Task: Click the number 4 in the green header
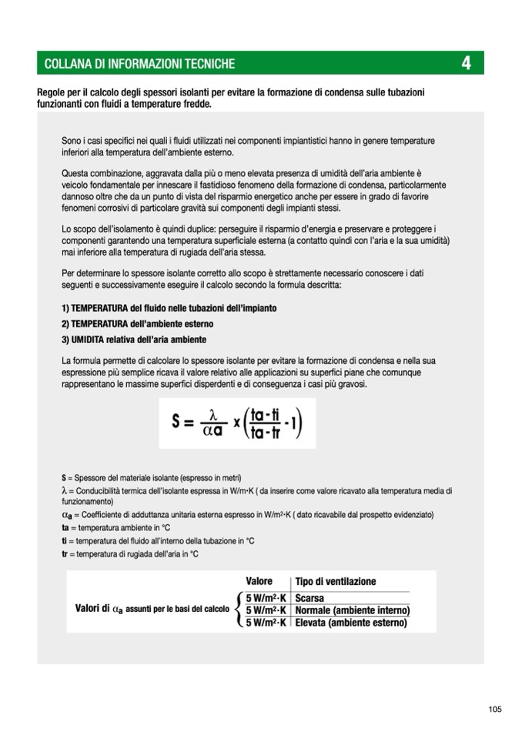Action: pyautogui.click(x=466, y=63)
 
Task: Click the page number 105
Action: pyautogui.click(x=494, y=709)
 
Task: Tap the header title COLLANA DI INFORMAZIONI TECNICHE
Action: pyautogui.click(x=139, y=63)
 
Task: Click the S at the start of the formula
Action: pyautogui.click(x=177, y=424)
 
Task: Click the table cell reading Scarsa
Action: pyautogui.click(x=310, y=598)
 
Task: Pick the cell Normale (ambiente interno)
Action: pyautogui.click(x=351, y=610)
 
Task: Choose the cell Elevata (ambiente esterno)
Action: pyautogui.click(x=350, y=623)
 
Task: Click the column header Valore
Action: pyautogui.click(x=259, y=581)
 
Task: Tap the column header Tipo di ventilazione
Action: pyautogui.click(x=336, y=581)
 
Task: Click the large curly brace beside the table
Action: pyautogui.click(x=238, y=610)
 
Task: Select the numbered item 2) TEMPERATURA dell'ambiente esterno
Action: pyautogui.click(x=137, y=324)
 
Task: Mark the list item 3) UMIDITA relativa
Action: pyautogui.click(x=133, y=339)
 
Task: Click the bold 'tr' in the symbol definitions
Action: pyautogui.click(x=65, y=553)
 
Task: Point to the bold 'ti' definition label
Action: pyautogui.click(x=65, y=541)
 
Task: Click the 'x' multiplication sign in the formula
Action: pyautogui.click(x=236, y=424)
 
